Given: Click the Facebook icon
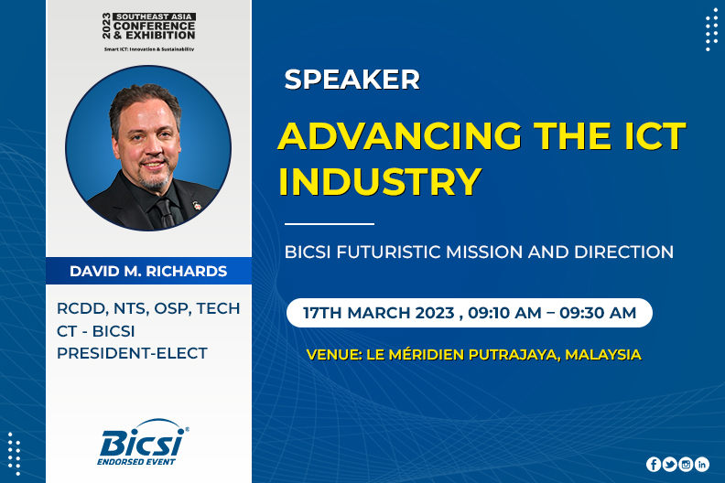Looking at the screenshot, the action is point(654,464).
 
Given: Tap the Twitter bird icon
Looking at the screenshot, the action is point(669,464).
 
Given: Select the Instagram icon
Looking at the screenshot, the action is point(686,464).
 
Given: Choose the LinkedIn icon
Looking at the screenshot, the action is point(702,464).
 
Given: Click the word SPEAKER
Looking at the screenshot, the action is point(352,80).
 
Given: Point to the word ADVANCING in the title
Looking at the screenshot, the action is point(399,136).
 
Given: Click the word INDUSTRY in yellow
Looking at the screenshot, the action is point(380,181).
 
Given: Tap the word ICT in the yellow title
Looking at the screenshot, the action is point(655,136).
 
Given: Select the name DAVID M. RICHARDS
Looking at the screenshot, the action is point(148,272).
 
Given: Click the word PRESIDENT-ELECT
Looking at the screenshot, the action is point(132,353).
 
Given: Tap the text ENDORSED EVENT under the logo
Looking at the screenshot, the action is point(136,461).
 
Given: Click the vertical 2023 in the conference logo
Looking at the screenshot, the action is point(107,26).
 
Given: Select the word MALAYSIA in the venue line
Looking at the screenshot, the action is point(603,355).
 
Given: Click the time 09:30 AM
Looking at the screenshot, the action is point(598,313).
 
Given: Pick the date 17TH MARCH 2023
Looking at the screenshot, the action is point(379,313).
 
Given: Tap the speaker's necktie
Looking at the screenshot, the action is point(166,212).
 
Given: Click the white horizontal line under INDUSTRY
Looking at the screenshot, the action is point(330,224).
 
